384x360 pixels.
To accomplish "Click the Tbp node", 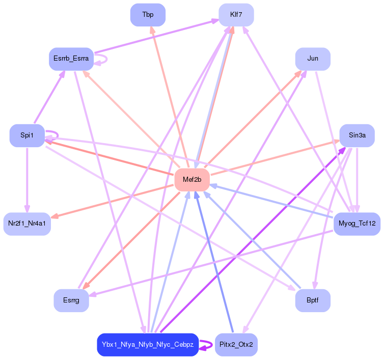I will point(148,15).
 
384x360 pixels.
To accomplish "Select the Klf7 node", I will point(236,15).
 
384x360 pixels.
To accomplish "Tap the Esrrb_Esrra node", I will point(71,59).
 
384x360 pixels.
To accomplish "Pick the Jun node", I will point(313,59).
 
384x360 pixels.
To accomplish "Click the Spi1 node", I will point(27,135).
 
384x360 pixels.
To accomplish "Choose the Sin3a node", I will point(357,135).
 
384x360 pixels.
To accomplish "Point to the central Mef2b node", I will point(192,180).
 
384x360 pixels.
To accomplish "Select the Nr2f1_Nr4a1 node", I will point(27,224).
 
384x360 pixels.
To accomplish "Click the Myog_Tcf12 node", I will point(357,224).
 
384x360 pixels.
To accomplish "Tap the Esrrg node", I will point(71,300).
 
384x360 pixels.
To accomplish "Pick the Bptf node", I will point(313,300).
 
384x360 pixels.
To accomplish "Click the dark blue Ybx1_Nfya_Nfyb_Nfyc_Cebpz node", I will point(147,345).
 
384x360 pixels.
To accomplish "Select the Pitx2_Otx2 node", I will point(236,345).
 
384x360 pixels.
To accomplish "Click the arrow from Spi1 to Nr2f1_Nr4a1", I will point(27,178).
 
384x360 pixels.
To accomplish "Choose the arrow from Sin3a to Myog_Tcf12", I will point(357,178).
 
